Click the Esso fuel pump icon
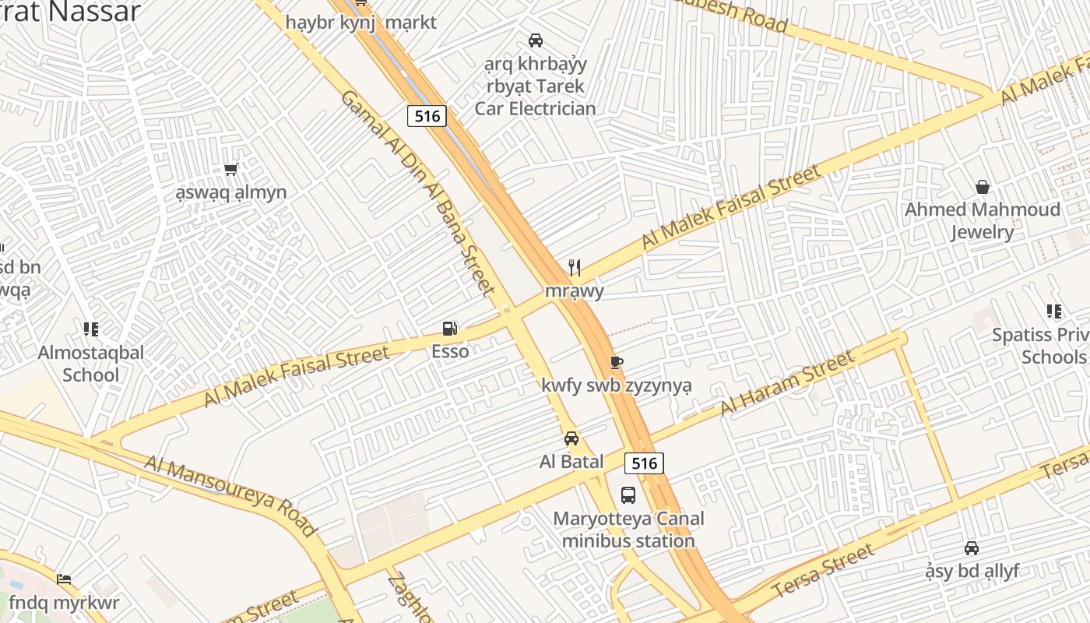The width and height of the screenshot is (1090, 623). pyautogui.click(x=449, y=329)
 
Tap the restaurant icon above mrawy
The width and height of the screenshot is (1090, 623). pyautogui.click(x=575, y=269)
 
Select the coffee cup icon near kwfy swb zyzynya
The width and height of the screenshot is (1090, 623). pyautogui.click(x=617, y=362)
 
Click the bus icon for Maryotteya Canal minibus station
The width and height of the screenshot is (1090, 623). pyautogui.click(x=628, y=495)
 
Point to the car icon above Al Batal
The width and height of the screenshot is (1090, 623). pyautogui.click(x=571, y=438)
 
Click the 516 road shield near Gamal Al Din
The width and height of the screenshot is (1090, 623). pyautogui.click(x=427, y=117)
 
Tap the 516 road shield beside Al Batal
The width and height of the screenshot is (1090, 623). pyautogui.click(x=644, y=463)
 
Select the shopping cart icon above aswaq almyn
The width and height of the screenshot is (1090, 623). pyautogui.click(x=230, y=169)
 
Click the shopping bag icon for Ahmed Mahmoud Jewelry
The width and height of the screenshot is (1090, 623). pyautogui.click(x=983, y=187)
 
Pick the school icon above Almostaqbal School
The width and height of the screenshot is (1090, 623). pyautogui.click(x=90, y=329)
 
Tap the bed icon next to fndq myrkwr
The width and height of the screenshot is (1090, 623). pyautogui.click(x=64, y=579)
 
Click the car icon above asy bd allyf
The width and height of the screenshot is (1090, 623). pyautogui.click(x=972, y=548)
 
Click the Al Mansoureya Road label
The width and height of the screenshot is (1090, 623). pyautogui.click(x=231, y=496)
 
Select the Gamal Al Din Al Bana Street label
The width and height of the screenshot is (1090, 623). pyautogui.click(x=418, y=192)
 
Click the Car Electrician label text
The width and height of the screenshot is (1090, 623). pyautogui.click(x=535, y=108)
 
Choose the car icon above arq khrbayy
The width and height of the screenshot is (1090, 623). pyautogui.click(x=536, y=40)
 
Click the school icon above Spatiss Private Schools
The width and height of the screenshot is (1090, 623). pyautogui.click(x=1054, y=312)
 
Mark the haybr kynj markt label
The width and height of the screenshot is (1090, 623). pyautogui.click(x=360, y=22)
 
